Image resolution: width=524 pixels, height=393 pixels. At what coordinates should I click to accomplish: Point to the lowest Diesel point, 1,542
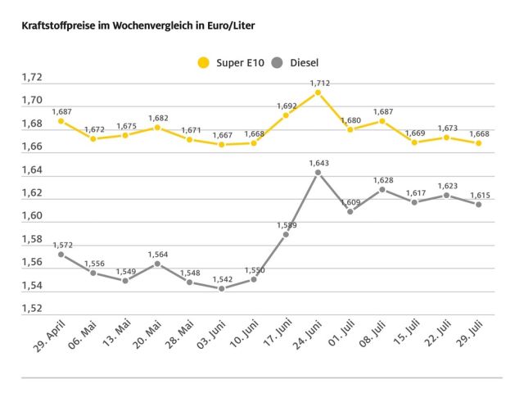tap(221, 288)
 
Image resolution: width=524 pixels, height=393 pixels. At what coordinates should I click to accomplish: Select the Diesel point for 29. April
tap(61, 254)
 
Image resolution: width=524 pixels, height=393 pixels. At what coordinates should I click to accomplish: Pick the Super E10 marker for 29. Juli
tap(478, 143)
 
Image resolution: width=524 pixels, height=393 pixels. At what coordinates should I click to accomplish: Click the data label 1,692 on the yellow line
tap(287, 106)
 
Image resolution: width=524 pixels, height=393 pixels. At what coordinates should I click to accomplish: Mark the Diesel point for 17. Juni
tap(286, 234)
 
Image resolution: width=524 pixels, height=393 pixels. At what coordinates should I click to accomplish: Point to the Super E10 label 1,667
tap(221, 135)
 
